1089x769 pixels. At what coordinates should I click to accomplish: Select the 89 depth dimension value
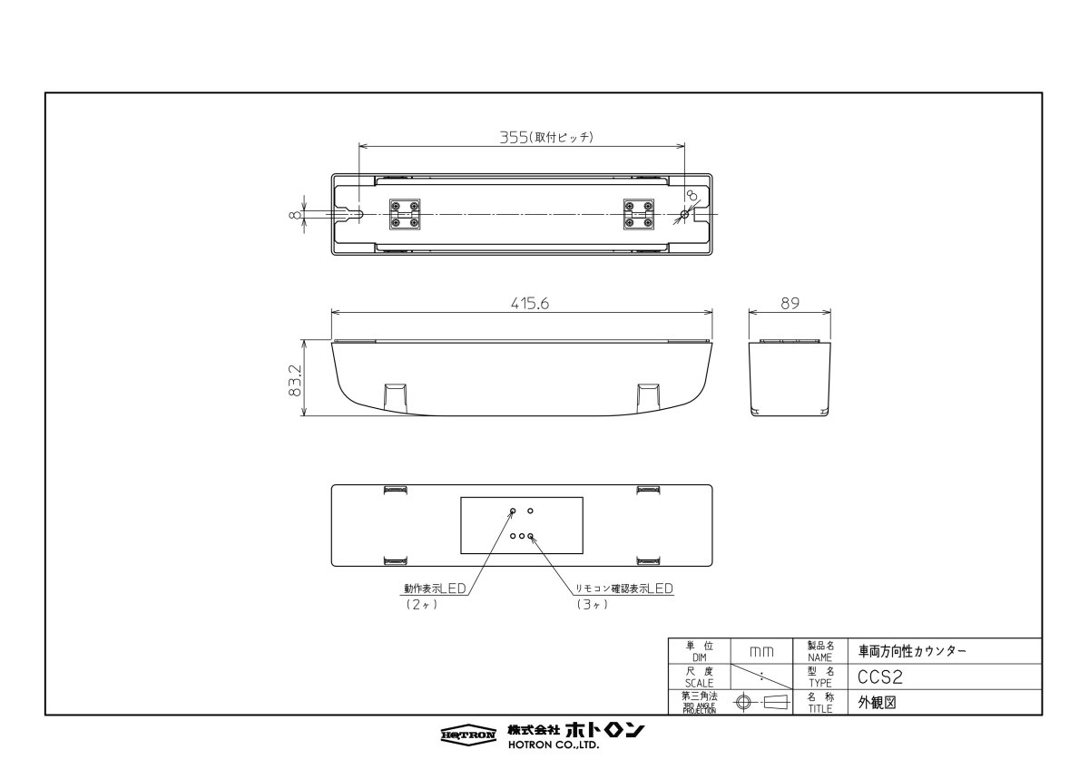[x=790, y=305]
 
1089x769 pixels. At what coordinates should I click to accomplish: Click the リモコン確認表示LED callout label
[x=624, y=589]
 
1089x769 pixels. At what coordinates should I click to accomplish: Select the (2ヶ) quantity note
[x=423, y=604]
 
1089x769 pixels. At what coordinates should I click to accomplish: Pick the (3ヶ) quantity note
[x=590, y=604]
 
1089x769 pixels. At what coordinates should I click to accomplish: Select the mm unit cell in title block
[x=761, y=651]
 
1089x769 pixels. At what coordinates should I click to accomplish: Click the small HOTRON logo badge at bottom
[x=468, y=734]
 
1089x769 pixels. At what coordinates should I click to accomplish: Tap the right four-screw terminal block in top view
[x=638, y=214]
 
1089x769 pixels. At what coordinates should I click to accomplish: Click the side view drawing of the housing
[x=790, y=377]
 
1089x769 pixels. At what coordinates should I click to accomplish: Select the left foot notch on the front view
[x=396, y=395]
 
